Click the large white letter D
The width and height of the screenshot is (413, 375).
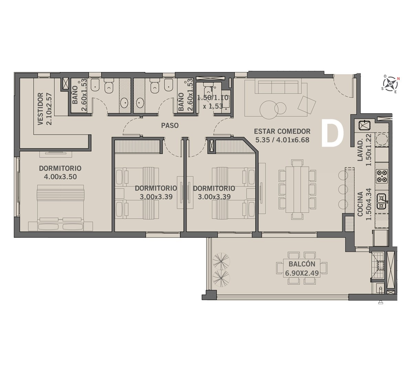coord(332,136)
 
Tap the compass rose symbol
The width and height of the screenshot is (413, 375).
coord(390,84)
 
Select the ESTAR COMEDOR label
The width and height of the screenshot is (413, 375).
coord(282,131)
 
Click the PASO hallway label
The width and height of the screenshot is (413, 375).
coord(170,125)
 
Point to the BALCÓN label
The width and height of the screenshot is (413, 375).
coord(302,264)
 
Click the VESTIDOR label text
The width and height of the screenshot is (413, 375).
coord(41,109)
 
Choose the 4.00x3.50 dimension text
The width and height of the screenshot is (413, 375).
coord(60,176)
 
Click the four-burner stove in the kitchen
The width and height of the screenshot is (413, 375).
coord(382,176)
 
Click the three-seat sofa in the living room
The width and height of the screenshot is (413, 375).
coord(276,87)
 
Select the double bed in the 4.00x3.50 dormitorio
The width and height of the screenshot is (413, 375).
coord(61,207)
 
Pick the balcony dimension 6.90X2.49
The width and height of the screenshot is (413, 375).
coord(302,273)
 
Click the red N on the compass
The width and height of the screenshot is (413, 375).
coord(399,78)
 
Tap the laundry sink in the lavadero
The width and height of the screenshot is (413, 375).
coord(364,125)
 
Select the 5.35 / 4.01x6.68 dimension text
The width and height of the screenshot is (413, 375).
coord(282,140)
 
